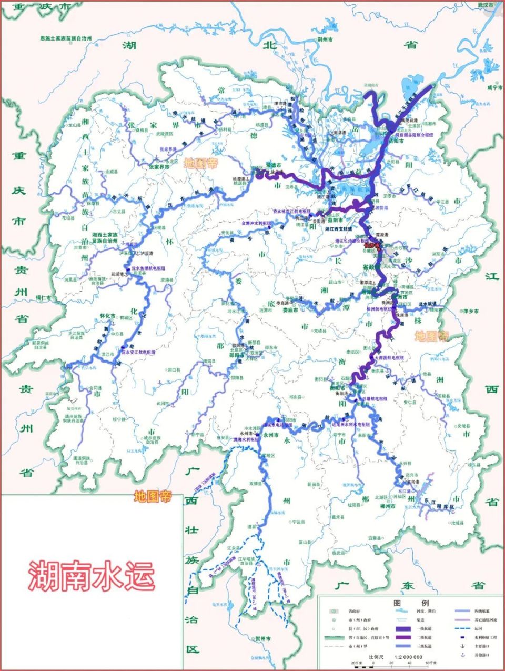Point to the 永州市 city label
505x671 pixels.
[271, 435]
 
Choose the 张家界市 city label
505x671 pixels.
[159, 166]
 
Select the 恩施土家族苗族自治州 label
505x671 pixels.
[66, 38]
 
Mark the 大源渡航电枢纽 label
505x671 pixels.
[390, 357]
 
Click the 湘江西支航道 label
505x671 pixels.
[339, 229]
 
